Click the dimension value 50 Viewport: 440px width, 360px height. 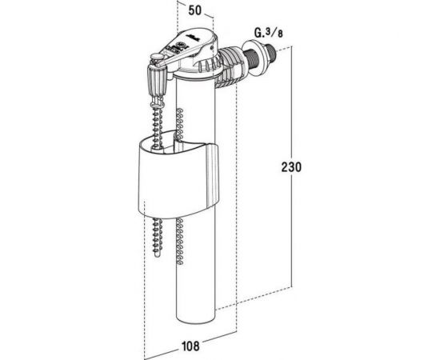194,10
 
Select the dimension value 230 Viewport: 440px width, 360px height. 291,167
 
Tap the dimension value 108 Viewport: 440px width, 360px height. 190,346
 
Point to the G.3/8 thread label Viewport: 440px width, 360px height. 269,33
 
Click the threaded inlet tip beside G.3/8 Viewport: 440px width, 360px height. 270,53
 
